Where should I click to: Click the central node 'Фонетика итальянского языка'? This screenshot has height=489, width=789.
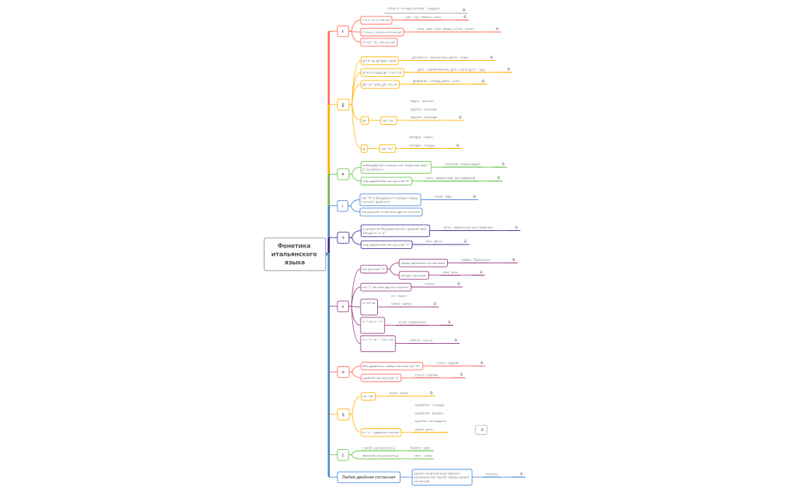click(x=295, y=254)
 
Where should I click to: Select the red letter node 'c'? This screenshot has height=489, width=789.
click(x=343, y=31)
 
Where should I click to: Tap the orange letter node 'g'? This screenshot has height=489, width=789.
click(x=343, y=105)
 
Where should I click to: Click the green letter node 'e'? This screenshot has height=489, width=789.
click(x=343, y=174)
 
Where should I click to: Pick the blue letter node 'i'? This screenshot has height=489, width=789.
click(x=342, y=205)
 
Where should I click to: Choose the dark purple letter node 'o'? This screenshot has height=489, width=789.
click(x=343, y=237)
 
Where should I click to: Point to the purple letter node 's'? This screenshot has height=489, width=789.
click(x=343, y=306)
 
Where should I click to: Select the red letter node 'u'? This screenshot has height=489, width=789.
click(x=343, y=372)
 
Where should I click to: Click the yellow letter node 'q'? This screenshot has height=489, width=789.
click(x=343, y=414)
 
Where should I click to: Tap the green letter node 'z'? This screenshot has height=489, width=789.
click(x=343, y=454)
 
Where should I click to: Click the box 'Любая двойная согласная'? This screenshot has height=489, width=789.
click(x=368, y=477)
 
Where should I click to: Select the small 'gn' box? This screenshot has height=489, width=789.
click(x=364, y=120)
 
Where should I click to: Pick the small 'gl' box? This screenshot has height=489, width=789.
click(x=364, y=148)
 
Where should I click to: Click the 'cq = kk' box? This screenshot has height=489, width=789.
click(x=367, y=396)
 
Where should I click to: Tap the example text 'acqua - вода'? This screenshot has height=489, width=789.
click(x=398, y=393)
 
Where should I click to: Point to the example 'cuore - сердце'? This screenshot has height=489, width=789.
click(x=447, y=363)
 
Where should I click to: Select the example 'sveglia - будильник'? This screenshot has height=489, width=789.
click(x=475, y=260)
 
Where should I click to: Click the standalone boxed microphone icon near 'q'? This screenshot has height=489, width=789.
click(x=482, y=430)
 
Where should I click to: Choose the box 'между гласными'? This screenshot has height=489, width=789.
click(x=413, y=275)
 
